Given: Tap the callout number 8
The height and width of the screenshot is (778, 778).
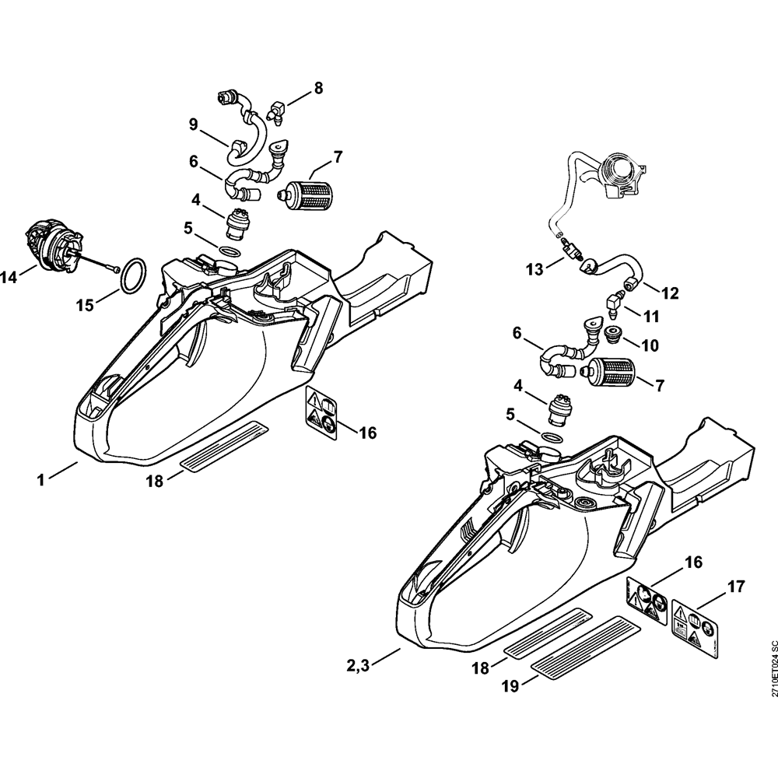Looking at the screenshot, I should coord(317,89).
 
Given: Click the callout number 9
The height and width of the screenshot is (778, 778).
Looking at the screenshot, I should coord(193,124).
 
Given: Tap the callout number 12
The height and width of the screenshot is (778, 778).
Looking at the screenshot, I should coord(670,293).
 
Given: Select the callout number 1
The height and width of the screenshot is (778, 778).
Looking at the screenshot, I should coord(40,481).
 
